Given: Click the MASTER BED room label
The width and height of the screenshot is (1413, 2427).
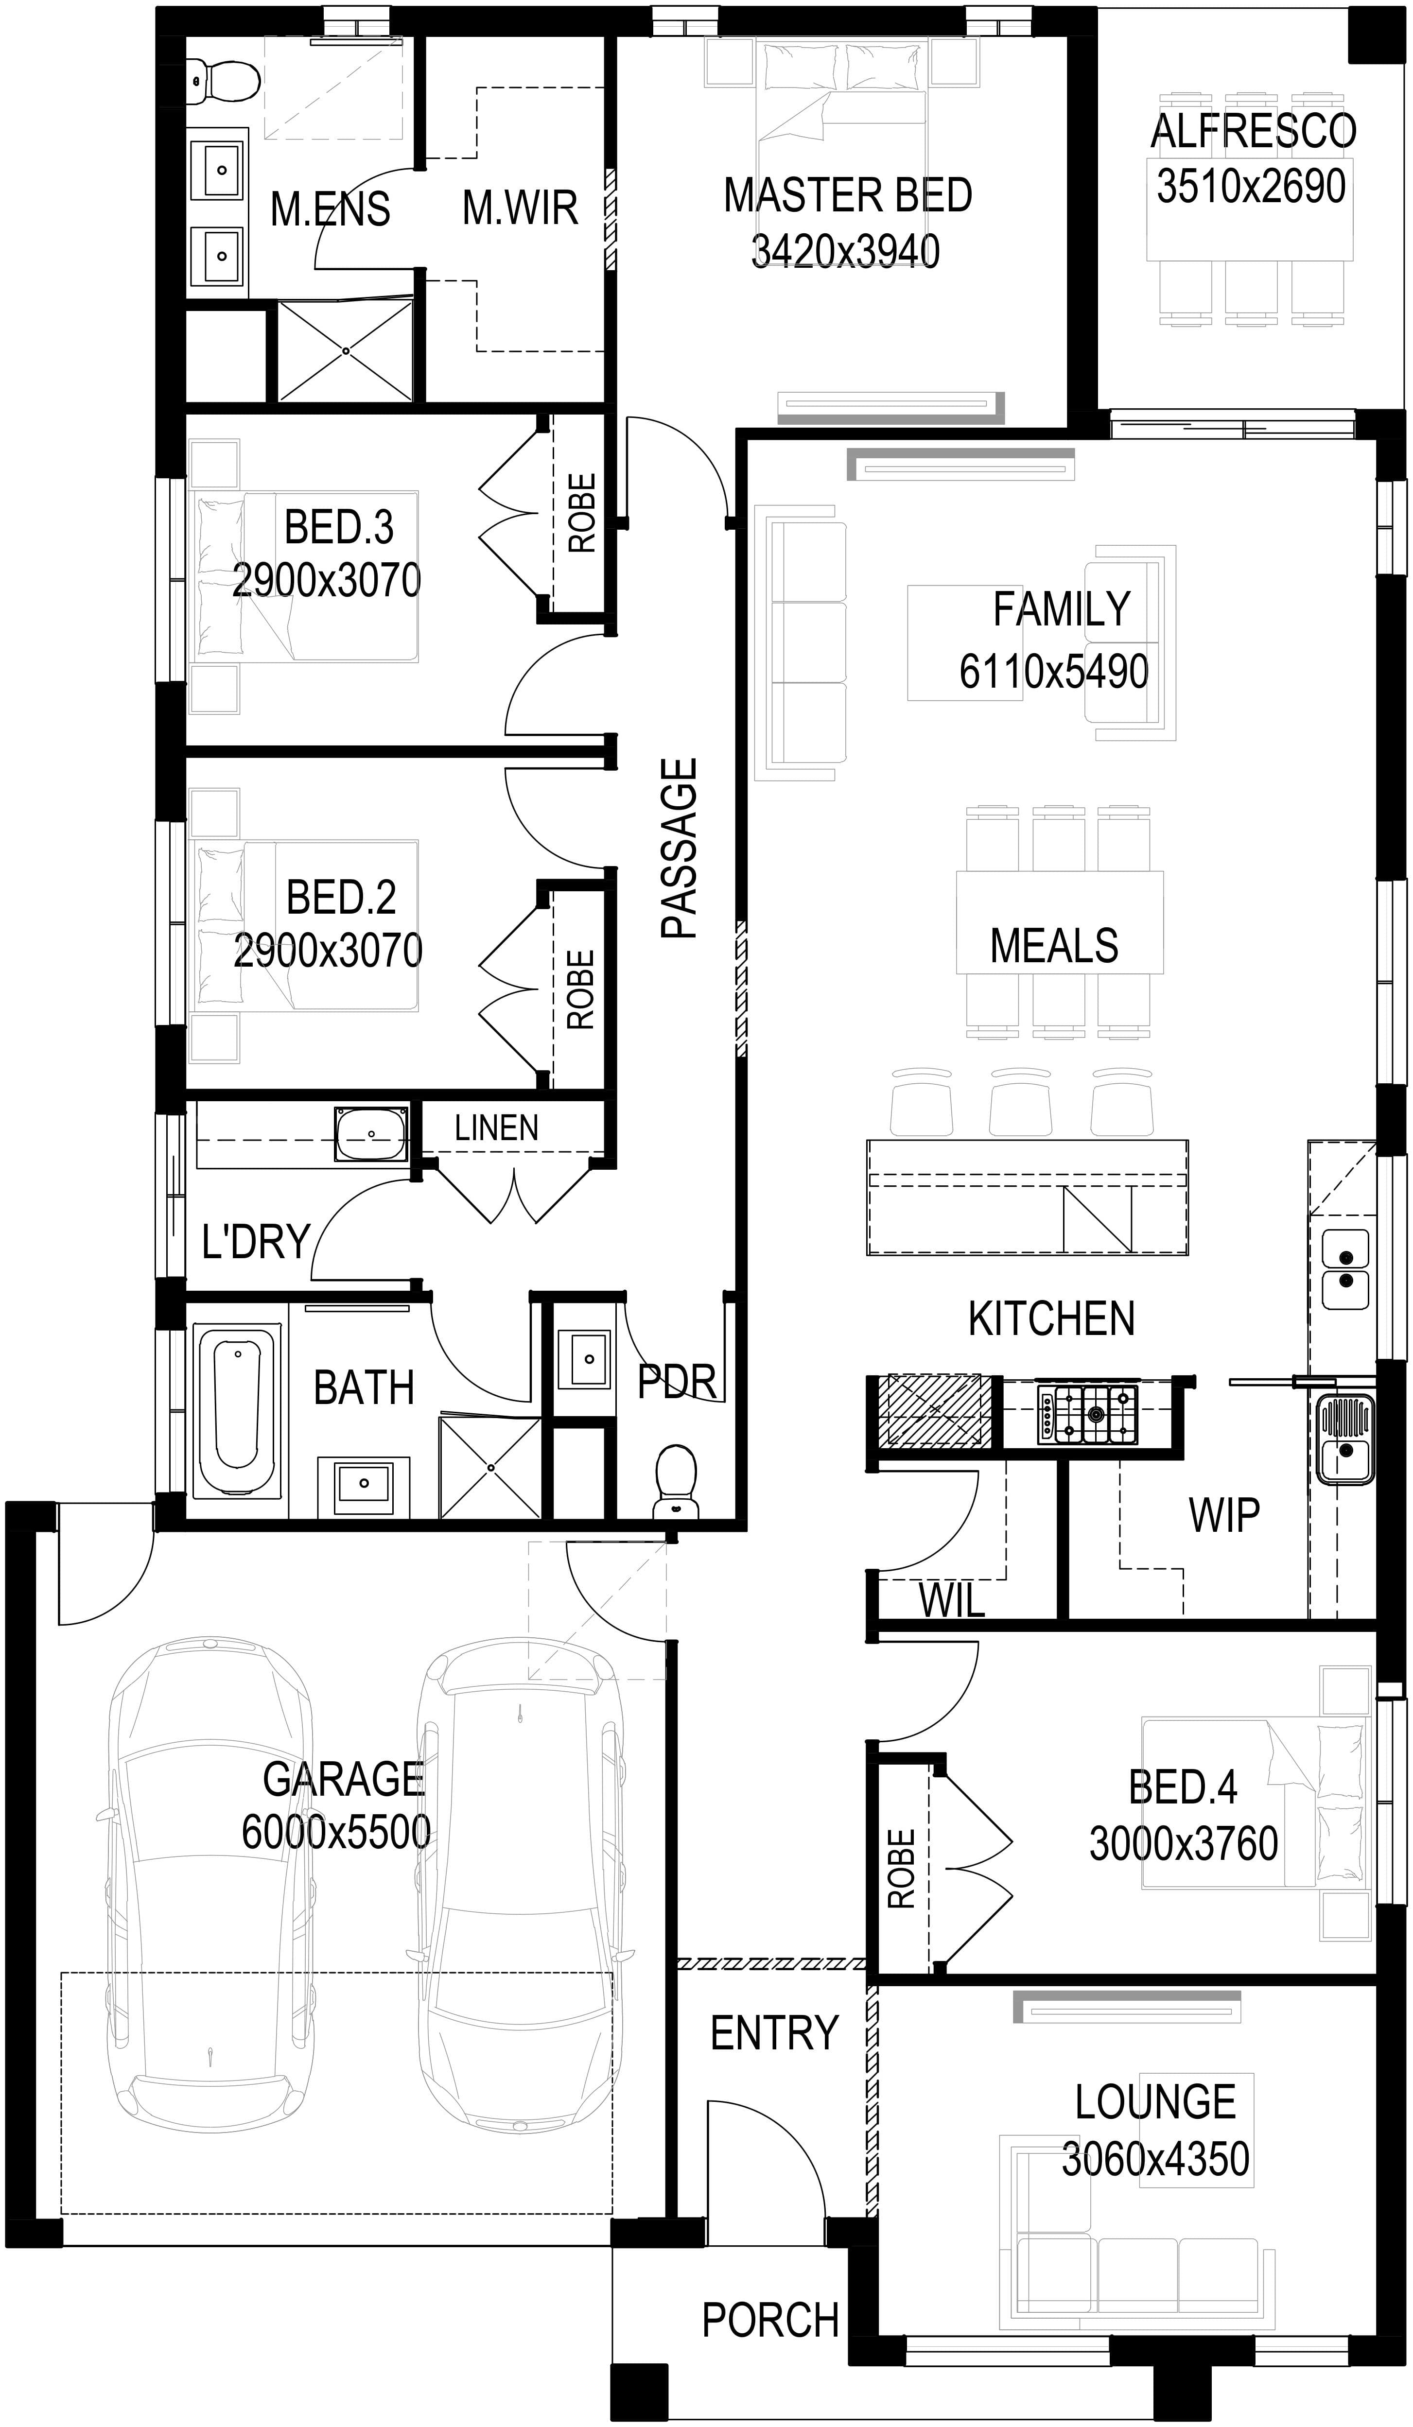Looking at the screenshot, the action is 848,195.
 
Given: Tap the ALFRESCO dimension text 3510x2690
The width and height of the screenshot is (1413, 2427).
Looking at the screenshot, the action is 1251,186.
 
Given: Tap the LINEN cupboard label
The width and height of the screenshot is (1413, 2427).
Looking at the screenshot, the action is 496,1128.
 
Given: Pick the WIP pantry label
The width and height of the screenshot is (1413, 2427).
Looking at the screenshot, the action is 1223,1516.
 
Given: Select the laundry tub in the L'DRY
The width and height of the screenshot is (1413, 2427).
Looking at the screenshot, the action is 371,1134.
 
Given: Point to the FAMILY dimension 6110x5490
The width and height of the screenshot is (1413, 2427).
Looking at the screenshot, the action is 1054,671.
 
